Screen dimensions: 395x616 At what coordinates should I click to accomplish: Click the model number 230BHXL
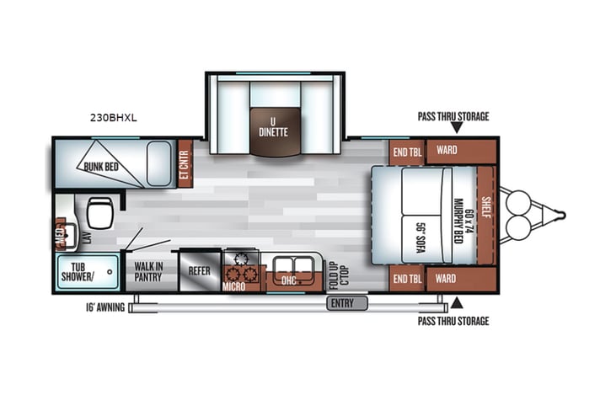(x=112, y=118)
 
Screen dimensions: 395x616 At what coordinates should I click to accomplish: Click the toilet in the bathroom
(x=99, y=211)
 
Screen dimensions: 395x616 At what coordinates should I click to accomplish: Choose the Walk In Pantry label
(x=148, y=271)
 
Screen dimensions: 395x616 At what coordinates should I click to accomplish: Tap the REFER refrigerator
(x=199, y=271)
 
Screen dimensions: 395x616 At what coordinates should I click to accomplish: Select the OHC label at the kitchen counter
(x=288, y=279)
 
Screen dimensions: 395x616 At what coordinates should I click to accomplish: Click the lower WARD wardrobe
(x=447, y=278)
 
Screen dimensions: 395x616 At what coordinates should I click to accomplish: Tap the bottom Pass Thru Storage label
(x=453, y=321)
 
